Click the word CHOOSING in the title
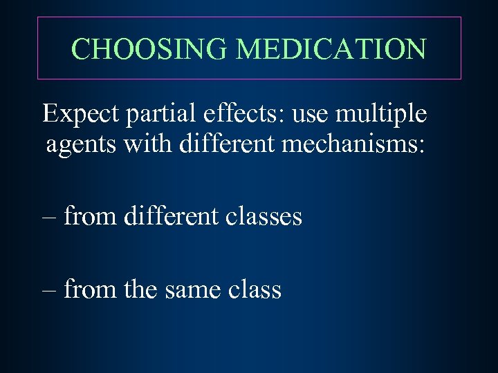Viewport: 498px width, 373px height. tap(150, 49)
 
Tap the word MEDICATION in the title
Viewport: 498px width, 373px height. tap(331, 49)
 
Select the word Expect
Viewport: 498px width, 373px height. tap(81, 115)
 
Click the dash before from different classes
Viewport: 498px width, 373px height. tap(49, 217)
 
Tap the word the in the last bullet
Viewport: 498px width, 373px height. tap(141, 289)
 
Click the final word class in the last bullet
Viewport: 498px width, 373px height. tap(255, 289)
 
